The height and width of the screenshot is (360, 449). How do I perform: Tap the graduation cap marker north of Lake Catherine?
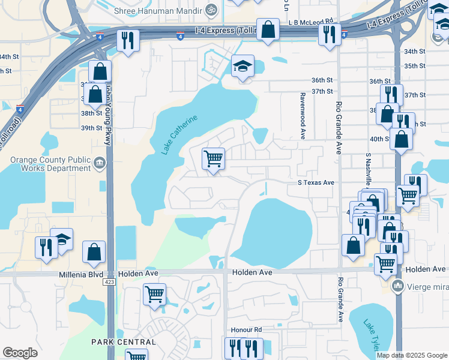(x=243, y=67)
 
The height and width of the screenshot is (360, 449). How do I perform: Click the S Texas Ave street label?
(x=316, y=182)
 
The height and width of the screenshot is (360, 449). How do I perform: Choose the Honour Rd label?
(x=247, y=330)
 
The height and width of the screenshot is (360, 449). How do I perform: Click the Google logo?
(x=20, y=353)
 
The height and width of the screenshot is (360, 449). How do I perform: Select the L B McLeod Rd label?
(x=310, y=22)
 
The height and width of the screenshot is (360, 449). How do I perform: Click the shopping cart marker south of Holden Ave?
(x=154, y=295)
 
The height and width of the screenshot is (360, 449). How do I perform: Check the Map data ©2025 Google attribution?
(x=412, y=355)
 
